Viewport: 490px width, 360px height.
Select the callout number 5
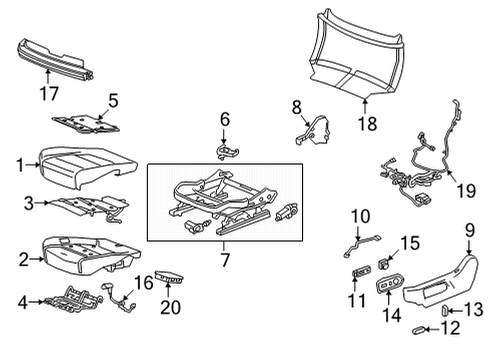tap(113, 99)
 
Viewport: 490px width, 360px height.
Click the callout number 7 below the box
tap(224, 259)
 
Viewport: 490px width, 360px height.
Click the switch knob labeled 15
tap(385, 265)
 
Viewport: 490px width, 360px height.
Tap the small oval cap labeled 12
tap(417, 327)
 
